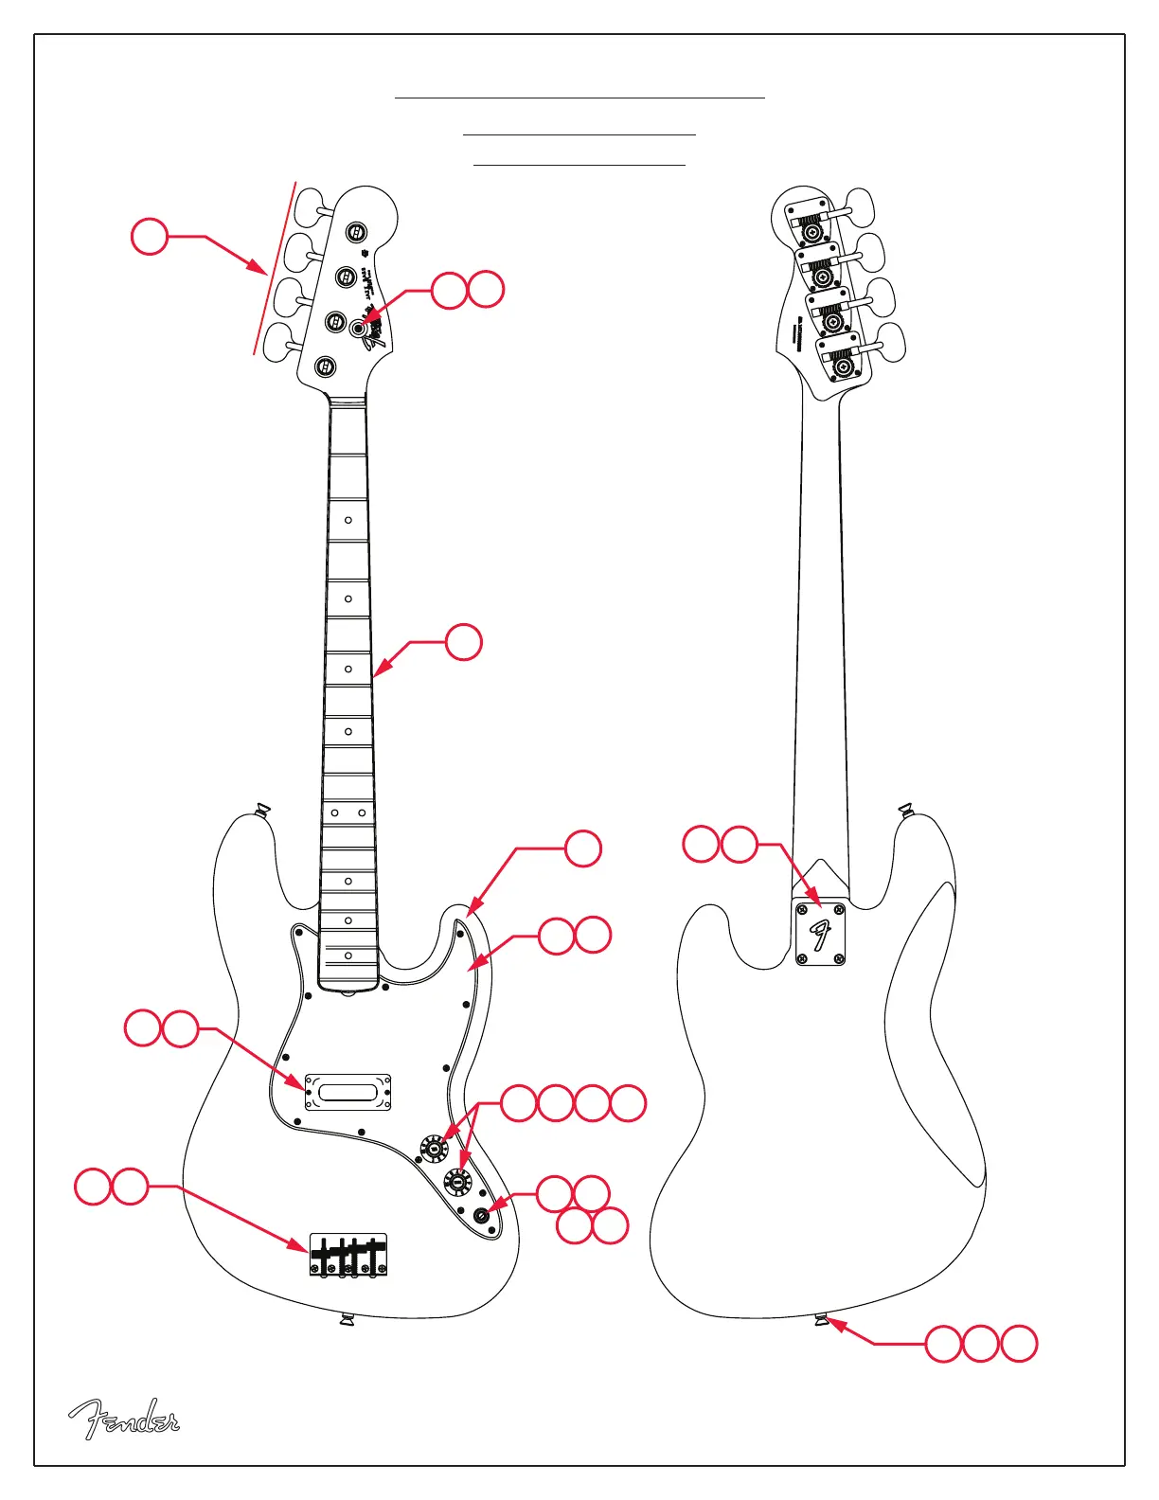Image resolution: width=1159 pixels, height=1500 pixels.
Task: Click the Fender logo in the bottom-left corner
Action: coord(123,1419)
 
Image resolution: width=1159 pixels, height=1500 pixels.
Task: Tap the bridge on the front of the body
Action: coord(348,1255)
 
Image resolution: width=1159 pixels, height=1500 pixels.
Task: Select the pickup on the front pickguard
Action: coord(348,1092)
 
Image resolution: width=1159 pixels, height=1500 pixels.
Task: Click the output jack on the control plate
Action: coord(482,1216)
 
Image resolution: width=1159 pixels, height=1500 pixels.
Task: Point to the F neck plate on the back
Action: coord(820,934)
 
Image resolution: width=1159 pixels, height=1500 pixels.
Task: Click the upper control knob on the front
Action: coord(434,1149)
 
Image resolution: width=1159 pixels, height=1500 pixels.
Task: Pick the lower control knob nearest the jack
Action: coord(458,1181)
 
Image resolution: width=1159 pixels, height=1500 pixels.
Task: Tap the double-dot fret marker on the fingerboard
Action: coord(348,812)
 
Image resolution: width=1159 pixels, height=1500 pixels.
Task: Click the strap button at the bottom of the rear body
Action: coord(822,1320)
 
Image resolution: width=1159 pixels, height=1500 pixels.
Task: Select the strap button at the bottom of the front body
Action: coord(347,1319)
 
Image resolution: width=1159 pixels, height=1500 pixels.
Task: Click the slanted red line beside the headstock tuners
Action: coord(275,268)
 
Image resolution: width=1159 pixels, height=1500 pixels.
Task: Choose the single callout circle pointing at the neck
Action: coord(464,642)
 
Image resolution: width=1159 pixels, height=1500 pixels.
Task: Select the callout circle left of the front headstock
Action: coord(150,236)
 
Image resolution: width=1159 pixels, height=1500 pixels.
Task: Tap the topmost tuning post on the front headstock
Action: coord(356,232)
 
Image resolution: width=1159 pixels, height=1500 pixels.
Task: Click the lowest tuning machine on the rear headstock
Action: coord(843,365)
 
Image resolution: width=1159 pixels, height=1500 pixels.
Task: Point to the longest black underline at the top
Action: coord(579,98)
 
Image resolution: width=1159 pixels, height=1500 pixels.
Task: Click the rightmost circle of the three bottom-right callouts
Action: coord(1019,1344)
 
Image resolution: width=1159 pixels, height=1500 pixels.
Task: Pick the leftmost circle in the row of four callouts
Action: coord(519,1103)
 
